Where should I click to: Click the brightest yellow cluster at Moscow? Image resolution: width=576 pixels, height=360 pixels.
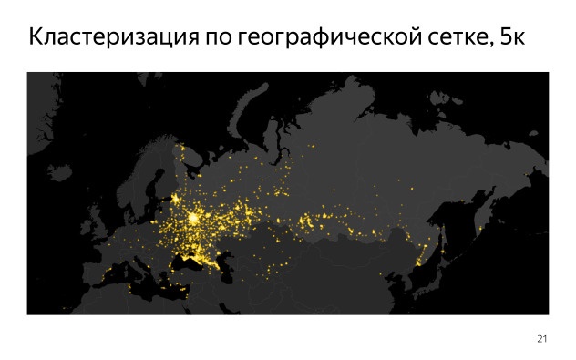[194, 219]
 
